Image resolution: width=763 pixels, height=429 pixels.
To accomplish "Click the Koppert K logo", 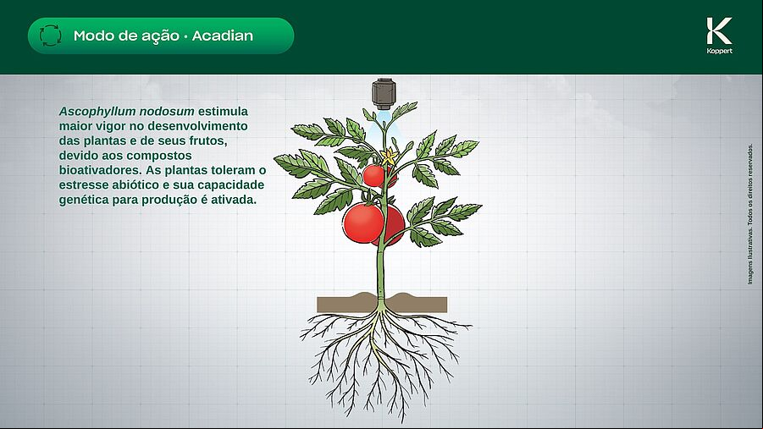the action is pos(719,31).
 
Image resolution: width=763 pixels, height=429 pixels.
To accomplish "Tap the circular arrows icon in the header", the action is pos(51,36).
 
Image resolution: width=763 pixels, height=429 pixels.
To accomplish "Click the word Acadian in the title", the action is pos(223,36).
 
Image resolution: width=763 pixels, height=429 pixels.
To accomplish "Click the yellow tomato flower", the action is pos(389,157).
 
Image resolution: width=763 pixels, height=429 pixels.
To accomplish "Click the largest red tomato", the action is pos(363,223).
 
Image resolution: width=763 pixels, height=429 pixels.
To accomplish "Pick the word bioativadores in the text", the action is pos(100,170).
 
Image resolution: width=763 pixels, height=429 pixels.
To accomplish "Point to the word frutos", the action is pos(207,141).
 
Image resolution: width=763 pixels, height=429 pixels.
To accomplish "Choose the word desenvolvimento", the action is pos(197,126).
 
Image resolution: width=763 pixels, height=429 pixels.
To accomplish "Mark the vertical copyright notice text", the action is pos(749,214).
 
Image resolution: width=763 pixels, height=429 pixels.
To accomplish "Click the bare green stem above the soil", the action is pos(381,270).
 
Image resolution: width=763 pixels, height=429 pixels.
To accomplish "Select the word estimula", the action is pos(223,112).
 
